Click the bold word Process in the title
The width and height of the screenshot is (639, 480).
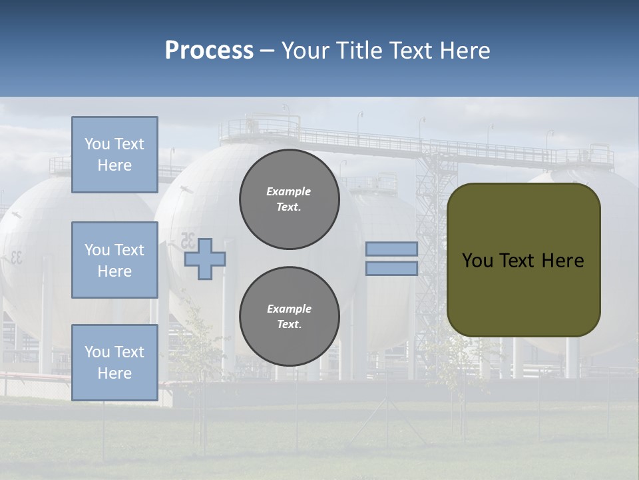pyautogui.click(x=209, y=50)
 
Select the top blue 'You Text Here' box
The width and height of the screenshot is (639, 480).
pyautogui.click(x=114, y=155)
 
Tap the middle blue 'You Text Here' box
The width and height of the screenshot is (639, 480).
pyautogui.click(x=114, y=260)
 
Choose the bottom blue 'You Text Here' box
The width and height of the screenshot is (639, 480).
pyautogui.click(x=114, y=363)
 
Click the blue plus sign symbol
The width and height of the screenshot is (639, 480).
pyautogui.click(x=205, y=259)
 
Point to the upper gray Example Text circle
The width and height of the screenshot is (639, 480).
pyautogui.click(x=290, y=199)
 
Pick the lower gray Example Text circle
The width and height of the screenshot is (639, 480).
pyautogui.click(x=290, y=317)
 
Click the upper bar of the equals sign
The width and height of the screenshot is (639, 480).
pyautogui.click(x=392, y=249)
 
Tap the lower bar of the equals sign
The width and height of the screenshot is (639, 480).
pyautogui.click(x=392, y=268)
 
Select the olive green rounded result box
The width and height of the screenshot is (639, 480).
pyautogui.click(x=524, y=260)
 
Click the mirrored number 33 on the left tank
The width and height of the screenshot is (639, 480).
pyautogui.click(x=15, y=257)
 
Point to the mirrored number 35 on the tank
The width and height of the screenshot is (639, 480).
pyautogui.click(x=188, y=240)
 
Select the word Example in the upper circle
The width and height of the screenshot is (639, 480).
pyautogui.click(x=288, y=191)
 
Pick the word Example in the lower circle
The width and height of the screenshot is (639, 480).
pyautogui.click(x=289, y=309)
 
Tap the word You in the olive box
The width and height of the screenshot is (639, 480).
pyautogui.click(x=477, y=261)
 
